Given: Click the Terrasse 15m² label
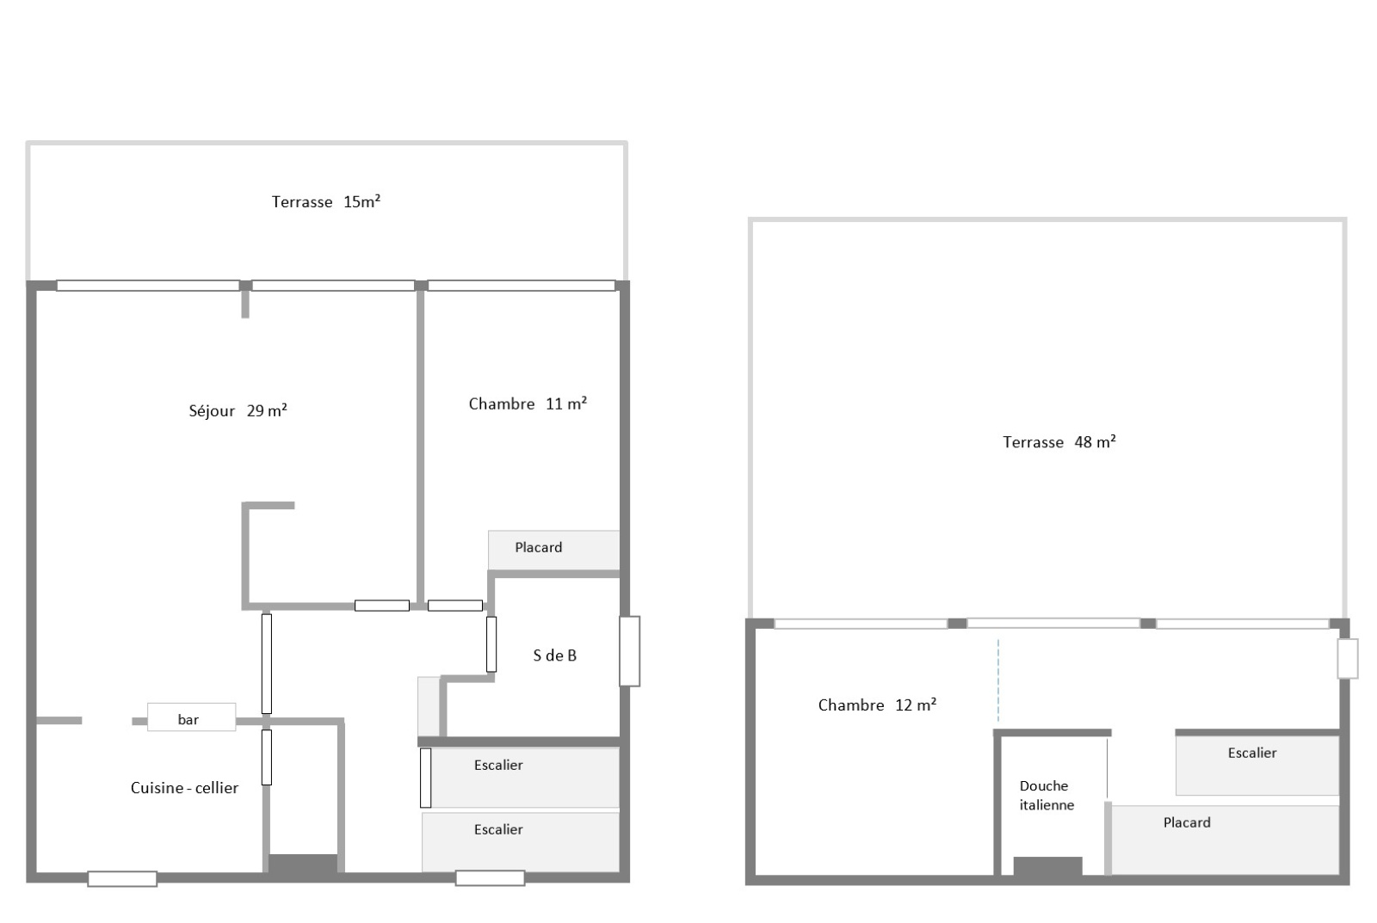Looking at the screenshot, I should pyautogui.click(x=325, y=202).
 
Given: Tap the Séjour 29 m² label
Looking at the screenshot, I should pyautogui.click(x=238, y=411).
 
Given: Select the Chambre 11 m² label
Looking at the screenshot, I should pyautogui.click(x=528, y=403).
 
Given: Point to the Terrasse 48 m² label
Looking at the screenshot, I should pyautogui.click(x=1059, y=442).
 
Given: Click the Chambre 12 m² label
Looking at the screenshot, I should pyautogui.click(x=876, y=705).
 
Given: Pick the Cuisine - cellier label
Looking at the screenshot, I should pyautogui.click(x=184, y=788).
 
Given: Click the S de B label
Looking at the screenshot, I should pyautogui.click(x=554, y=655).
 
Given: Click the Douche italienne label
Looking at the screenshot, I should pyautogui.click(x=1046, y=796).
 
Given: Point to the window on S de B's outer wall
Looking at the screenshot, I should pyautogui.click(x=629, y=651).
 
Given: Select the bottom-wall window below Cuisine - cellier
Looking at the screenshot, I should pyautogui.click(x=122, y=878).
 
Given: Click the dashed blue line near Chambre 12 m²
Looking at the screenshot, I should pyautogui.click(x=998, y=680).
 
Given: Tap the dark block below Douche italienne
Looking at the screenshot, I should pyautogui.click(x=1047, y=866).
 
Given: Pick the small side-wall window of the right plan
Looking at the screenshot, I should pyautogui.click(x=1347, y=658).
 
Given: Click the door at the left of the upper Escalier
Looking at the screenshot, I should pyautogui.click(x=425, y=778).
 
